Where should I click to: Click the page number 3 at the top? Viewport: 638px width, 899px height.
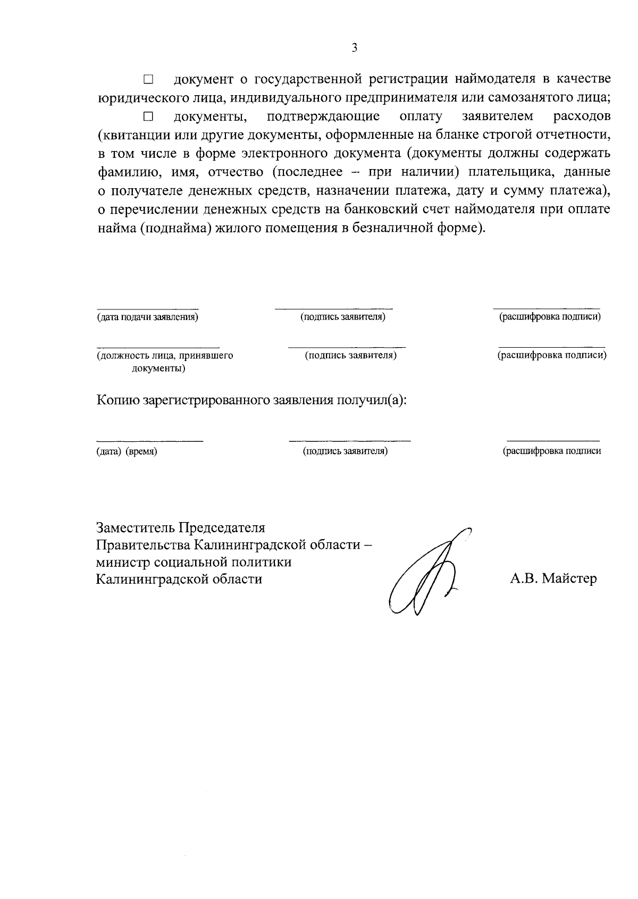(354, 48)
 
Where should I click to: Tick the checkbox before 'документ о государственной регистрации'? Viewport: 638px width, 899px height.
(148, 80)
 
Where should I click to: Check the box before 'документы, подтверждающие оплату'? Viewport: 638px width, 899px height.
(148, 116)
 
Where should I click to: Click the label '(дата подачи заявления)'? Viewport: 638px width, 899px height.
(147, 317)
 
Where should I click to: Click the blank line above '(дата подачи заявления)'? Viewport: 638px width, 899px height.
(147, 308)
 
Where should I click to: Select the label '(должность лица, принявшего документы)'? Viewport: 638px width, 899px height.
(164, 362)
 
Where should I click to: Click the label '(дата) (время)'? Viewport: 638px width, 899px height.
(127, 451)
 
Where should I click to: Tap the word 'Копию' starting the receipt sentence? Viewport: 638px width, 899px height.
(117, 400)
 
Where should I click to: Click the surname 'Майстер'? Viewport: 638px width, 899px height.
(569, 578)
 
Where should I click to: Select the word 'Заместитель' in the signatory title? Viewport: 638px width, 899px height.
(136, 528)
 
